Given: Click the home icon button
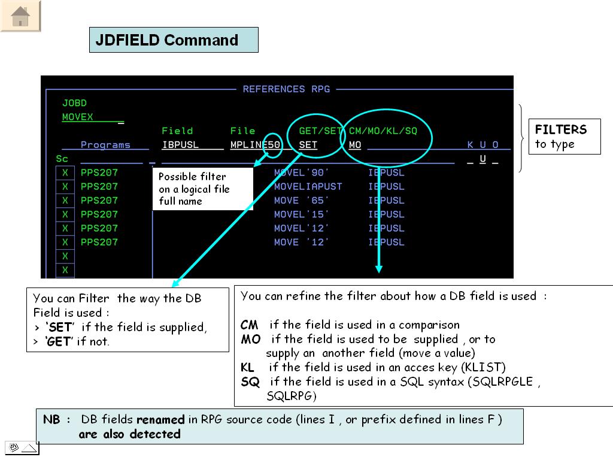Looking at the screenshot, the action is click(x=20, y=16).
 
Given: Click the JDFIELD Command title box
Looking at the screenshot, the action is click(x=174, y=40).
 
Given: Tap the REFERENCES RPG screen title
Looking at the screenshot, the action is click(x=286, y=89).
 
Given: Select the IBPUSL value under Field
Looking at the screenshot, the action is click(x=180, y=145).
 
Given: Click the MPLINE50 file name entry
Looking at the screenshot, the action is click(x=255, y=145).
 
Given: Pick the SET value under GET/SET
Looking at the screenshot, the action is click(x=308, y=145).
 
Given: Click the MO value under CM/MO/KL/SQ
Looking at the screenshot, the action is click(x=355, y=145).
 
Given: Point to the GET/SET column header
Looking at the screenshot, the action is click(x=320, y=131).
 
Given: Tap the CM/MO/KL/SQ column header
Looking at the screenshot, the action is click(x=383, y=131).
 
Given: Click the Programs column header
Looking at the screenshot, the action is click(x=105, y=145).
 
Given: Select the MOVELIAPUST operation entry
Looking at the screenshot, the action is click(x=308, y=187).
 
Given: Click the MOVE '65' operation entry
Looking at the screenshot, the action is click(x=301, y=201).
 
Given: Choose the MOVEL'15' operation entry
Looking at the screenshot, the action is click(x=301, y=214).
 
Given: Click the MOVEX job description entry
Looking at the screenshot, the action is click(x=77, y=117).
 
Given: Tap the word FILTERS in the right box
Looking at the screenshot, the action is click(x=560, y=129).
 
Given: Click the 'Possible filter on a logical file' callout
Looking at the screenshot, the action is click(x=203, y=189).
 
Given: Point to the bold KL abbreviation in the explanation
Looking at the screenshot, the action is click(x=247, y=368).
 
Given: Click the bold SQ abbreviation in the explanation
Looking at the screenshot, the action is click(x=250, y=382).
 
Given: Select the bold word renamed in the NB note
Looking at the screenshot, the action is click(x=160, y=420).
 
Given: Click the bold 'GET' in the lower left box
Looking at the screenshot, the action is click(x=59, y=341).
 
